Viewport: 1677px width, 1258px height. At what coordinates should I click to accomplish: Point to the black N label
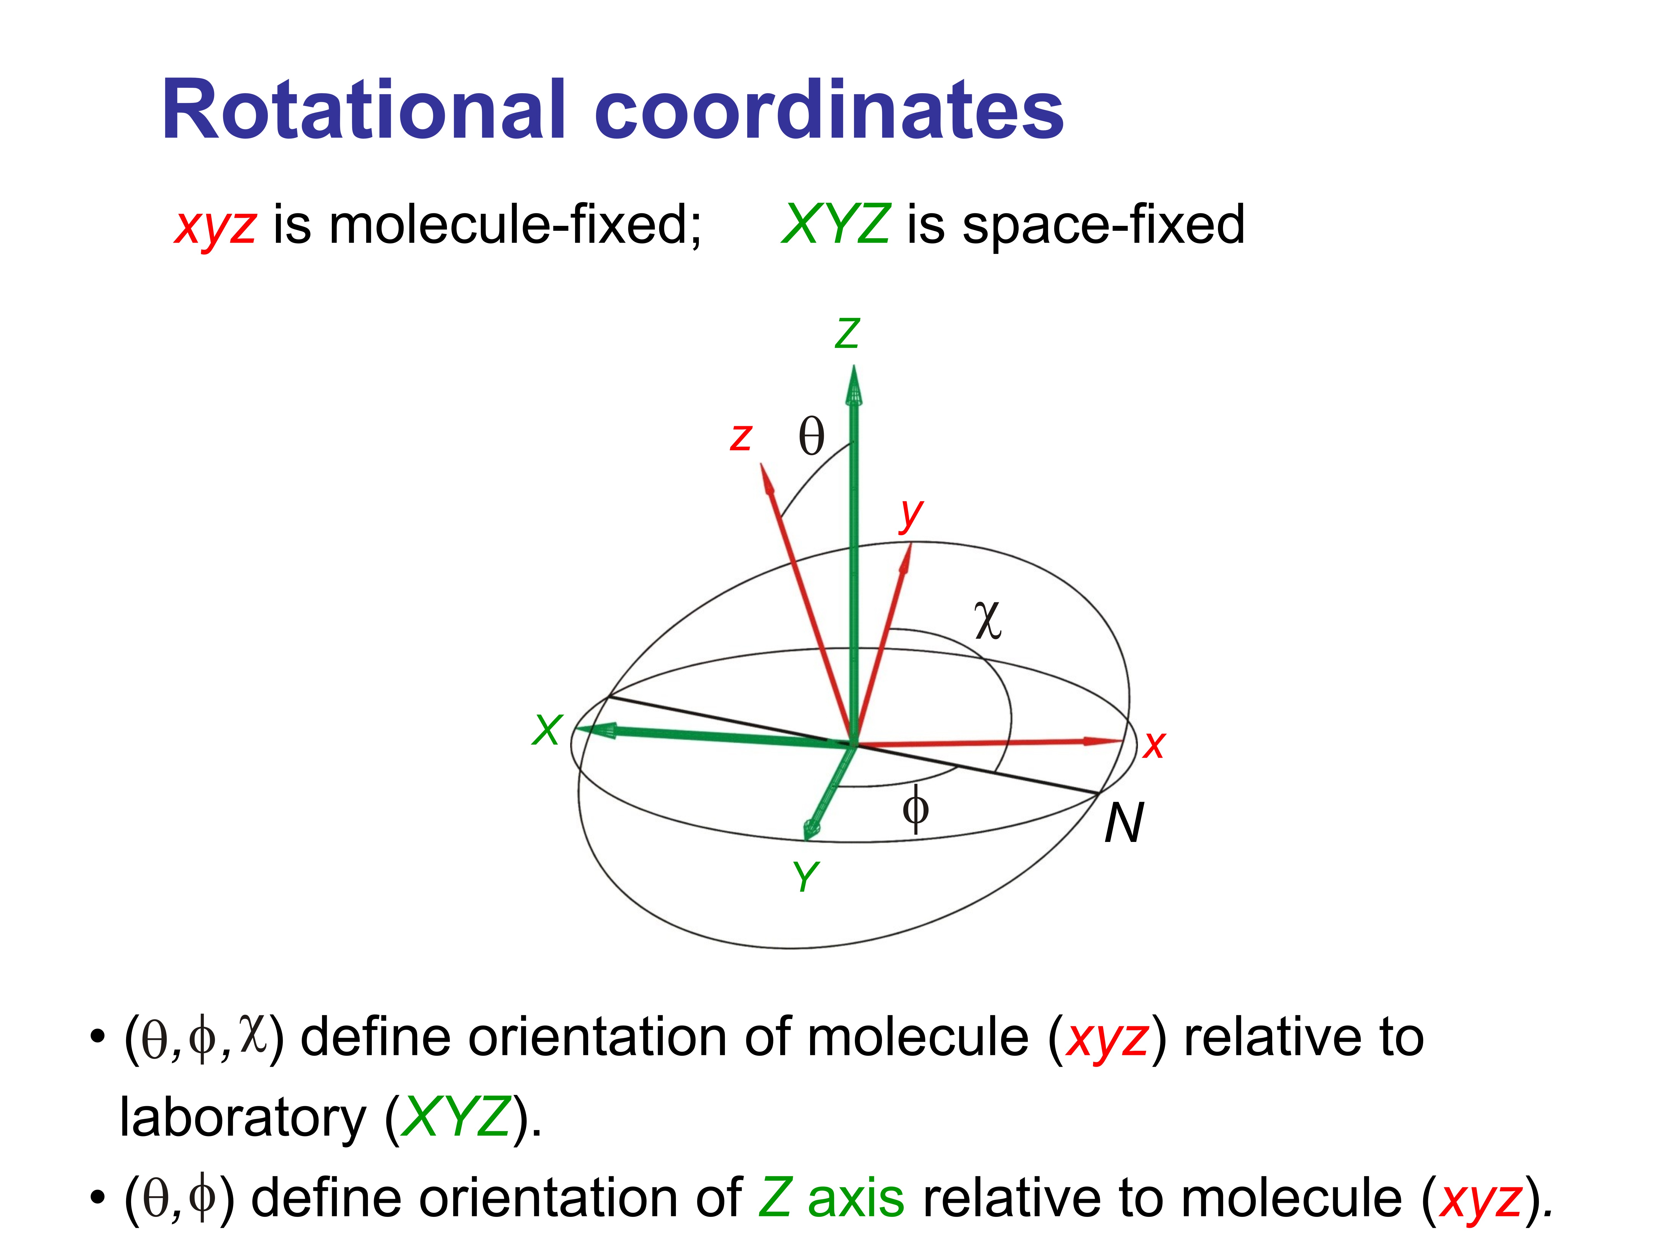click(1123, 823)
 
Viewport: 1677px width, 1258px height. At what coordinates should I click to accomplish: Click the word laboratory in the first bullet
click(243, 1118)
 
